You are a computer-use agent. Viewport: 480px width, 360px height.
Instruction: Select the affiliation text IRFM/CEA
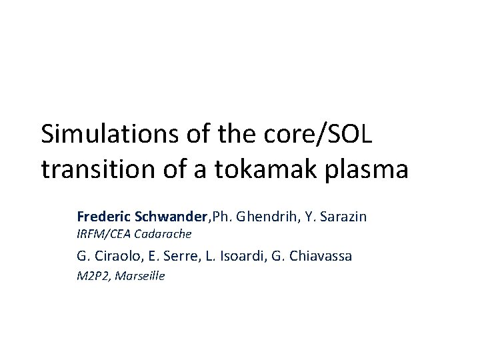tap(104, 233)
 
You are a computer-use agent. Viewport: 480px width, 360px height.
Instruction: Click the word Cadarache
tap(163, 233)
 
